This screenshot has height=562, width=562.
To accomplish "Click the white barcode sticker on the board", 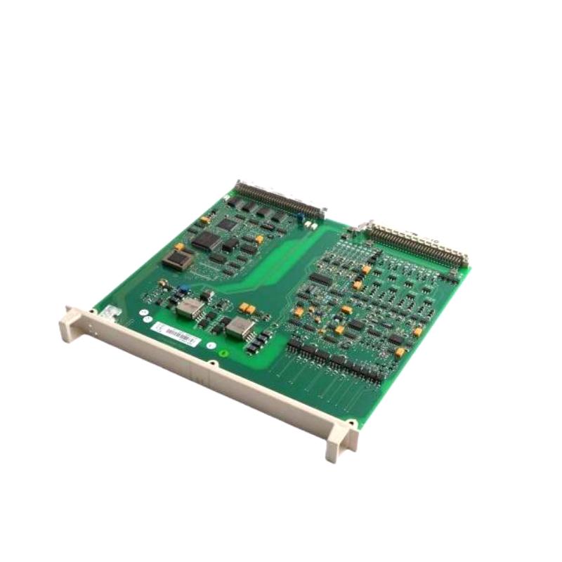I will [175, 335].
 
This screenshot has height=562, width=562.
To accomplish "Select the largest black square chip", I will [207, 241].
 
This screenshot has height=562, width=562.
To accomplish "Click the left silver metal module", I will [190, 308].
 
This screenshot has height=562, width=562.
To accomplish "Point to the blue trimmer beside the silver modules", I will [183, 288].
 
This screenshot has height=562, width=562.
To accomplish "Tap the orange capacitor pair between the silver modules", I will [247, 308].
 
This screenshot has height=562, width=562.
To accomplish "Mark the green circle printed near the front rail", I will [224, 353].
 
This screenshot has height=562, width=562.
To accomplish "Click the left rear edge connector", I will [280, 199].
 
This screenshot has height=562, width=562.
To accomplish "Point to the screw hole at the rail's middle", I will [212, 364].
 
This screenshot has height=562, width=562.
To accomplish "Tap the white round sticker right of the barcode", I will [210, 346].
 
